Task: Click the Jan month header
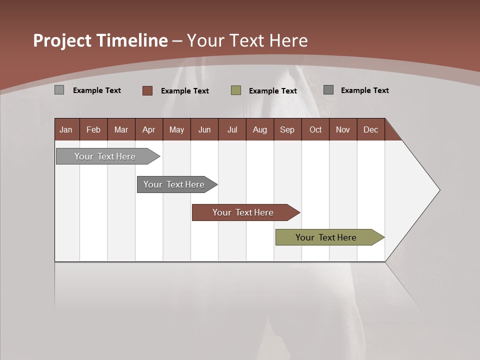point(66,129)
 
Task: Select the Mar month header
point(121,129)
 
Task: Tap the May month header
point(176,129)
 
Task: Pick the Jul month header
point(232,129)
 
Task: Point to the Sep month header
point(287,129)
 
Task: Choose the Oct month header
point(315,129)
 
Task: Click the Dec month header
point(370,129)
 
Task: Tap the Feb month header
point(93,129)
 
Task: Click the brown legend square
point(147,90)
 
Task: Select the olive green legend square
point(236,90)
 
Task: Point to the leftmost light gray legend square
point(59,90)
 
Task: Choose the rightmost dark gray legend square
point(328,90)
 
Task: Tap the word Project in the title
point(62,40)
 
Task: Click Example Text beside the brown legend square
point(184,91)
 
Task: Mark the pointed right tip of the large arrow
point(439,190)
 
